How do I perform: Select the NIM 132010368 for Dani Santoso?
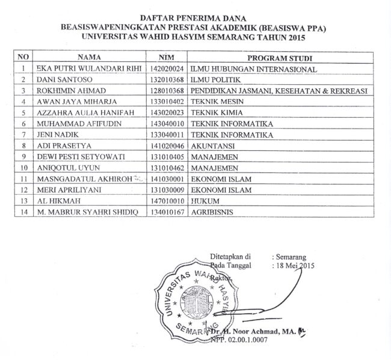coord(168,80)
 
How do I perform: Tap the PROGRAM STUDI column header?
coord(278,58)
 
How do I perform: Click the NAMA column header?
coord(90,58)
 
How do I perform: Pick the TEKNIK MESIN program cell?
coord(214,102)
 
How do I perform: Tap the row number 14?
coord(23,212)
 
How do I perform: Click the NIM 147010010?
coord(168,200)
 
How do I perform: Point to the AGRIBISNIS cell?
coord(214,212)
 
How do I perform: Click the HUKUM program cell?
coord(205,200)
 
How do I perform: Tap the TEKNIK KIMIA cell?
coord(212,112)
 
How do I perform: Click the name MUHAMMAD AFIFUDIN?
coord(73,124)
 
